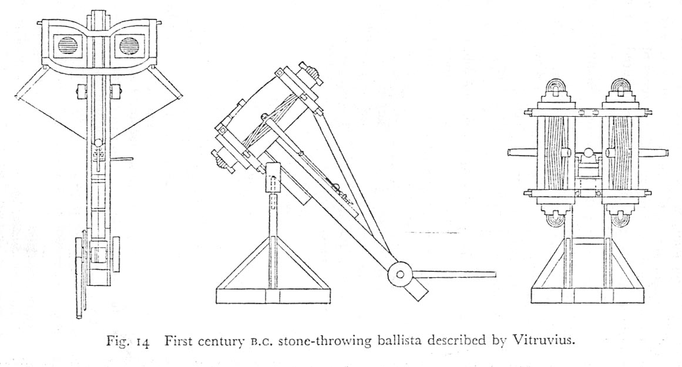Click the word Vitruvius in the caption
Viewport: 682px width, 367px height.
[546, 341]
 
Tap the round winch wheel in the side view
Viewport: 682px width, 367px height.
[401, 274]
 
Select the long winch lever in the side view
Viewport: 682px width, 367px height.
[455, 273]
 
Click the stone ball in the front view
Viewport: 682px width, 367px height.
[587, 156]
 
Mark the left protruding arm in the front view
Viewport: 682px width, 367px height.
[520, 153]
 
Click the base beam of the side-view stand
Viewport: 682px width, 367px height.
[271, 296]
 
